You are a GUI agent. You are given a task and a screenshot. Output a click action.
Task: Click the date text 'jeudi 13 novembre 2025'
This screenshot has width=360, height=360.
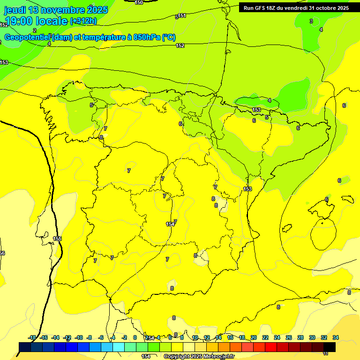point(56,10)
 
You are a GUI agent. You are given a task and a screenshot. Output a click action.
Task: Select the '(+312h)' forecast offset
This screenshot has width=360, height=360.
point(83,21)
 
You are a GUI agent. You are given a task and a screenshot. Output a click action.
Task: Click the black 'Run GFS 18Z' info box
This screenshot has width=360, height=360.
point(296,8)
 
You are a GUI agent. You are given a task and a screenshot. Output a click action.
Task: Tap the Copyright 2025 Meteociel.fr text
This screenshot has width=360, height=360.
point(199,357)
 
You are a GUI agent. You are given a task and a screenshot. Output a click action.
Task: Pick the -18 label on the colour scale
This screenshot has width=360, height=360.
point(32,337)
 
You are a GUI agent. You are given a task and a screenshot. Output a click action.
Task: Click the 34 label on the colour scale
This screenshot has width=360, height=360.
point(336,337)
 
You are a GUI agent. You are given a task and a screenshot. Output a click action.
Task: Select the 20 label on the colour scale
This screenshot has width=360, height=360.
point(254,337)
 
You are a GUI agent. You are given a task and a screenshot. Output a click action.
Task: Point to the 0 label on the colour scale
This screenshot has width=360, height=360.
point(135,337)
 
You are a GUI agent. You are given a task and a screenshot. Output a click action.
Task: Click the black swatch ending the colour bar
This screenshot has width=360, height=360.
point(330,347)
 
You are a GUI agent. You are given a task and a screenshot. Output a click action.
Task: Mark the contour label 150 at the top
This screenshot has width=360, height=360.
point(139,2)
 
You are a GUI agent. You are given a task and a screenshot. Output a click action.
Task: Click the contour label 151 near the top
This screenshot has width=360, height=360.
point(182,15)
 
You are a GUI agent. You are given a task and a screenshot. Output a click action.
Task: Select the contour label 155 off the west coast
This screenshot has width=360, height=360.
point(57,239)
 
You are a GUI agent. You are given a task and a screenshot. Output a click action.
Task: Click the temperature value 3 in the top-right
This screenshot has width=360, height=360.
point(311,21)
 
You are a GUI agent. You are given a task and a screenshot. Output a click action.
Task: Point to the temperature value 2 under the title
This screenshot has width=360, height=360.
point(35,30)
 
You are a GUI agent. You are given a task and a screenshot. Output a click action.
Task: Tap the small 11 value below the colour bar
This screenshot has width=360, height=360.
point(326,354)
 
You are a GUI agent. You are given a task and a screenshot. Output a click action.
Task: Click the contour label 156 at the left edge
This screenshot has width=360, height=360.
point(2,253)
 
